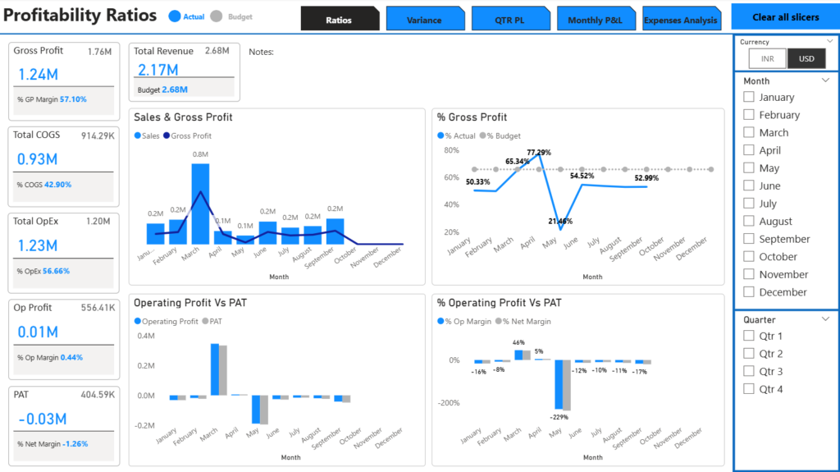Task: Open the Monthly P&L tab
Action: coord(596,20)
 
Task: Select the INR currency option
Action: coord(767,59)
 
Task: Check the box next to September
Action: coord(749,239)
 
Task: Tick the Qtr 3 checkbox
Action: coord(749,371)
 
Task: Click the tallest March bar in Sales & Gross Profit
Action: coord(200,204)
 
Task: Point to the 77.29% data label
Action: coord(539,153)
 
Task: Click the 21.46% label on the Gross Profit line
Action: coord(561,222)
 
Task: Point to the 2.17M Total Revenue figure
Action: coord(157,71)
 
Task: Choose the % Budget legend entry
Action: coord(503,135)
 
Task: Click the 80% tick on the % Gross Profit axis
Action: coord(450,150)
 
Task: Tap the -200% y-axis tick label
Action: coord(448,403)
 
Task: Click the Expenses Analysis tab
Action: coord(681,20)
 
